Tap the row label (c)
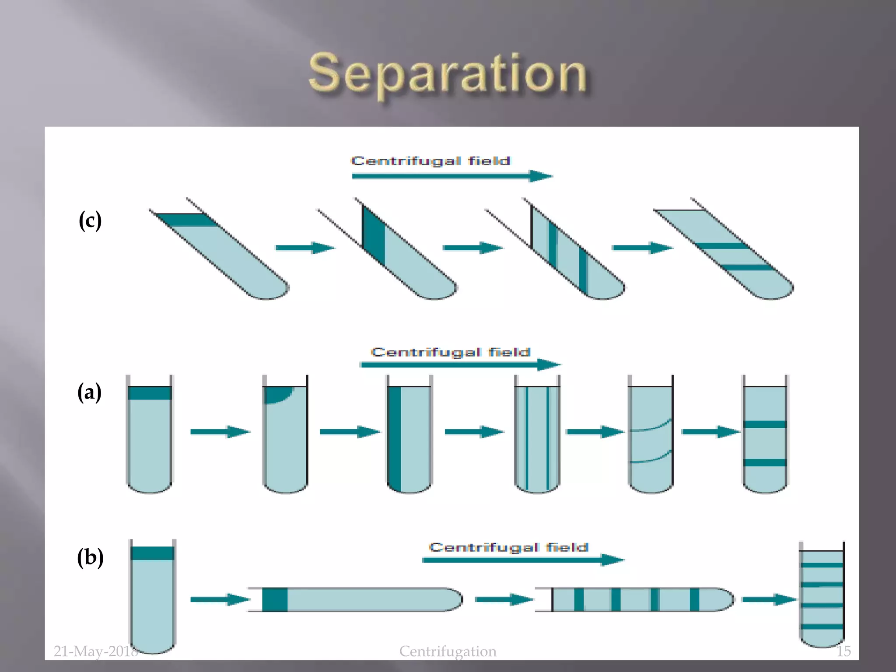point(90,220)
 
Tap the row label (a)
point(89,392)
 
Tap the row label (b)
point(90,557)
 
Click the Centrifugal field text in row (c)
point(430,161)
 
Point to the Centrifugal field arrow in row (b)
point(522,560)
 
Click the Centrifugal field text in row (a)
point(451,352)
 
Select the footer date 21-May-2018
point(95,651)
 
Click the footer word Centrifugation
point(448,651)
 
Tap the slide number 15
point(843,651)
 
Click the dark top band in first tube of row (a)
point(150,393)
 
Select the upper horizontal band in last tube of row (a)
point(765,424)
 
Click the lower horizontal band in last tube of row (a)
point(765,462)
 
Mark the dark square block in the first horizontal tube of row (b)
point(275,599)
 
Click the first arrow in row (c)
point(304,248)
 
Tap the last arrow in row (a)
point(710,432)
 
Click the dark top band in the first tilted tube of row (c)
point(186,220)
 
